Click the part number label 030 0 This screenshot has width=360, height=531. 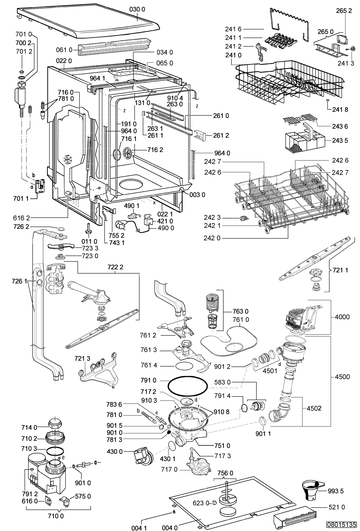tap(137, 9)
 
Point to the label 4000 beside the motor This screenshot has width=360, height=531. tap(342, 317)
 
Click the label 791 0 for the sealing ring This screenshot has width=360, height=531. tap(149, 381)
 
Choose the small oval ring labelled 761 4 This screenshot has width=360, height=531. tap(184, 365)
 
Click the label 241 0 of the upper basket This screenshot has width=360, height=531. tap(233, 55)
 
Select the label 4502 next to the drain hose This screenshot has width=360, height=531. tap(314, 408)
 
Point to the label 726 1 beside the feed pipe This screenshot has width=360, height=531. tap(20, 281)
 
